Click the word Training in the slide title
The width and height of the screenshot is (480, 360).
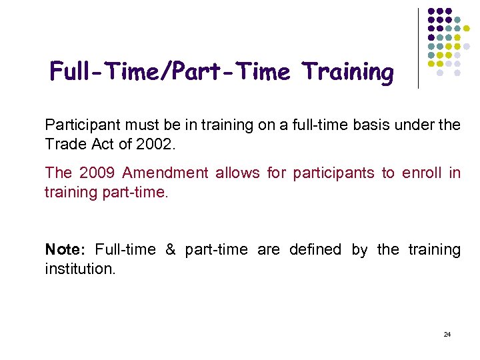347,72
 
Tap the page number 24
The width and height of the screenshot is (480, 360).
447,334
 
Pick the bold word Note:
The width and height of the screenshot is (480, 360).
65,250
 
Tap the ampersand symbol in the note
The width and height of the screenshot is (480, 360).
170,250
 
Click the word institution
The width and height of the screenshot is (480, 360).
80,270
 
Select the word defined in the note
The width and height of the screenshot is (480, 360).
315,250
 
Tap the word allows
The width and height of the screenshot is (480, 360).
237,173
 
